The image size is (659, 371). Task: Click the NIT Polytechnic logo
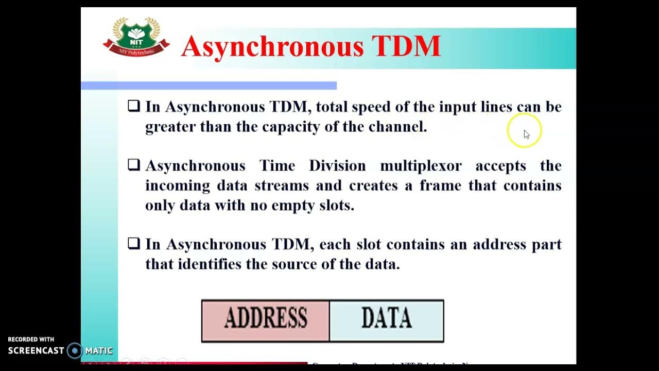(x=136, y=37)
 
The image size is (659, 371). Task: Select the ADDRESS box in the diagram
(x=265, y=320)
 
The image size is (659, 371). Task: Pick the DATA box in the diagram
(x=386, y=320)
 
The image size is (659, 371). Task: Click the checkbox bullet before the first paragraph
(x=134, y=106)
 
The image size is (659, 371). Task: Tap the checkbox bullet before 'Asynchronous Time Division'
(x=134, y=165)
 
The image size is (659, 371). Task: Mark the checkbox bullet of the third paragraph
(x=134, y=243)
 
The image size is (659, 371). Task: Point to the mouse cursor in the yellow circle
(x=526, y=133)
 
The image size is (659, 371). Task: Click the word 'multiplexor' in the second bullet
(x=421, y=166)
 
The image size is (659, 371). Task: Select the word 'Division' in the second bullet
(x=337, y=166)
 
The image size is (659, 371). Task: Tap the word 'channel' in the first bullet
(x=397, y=127)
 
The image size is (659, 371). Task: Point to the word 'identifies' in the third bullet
(x=210, y=264)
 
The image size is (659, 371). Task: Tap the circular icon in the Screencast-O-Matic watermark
(x=75, y=351)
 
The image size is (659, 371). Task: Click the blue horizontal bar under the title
(x=209, y=86)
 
